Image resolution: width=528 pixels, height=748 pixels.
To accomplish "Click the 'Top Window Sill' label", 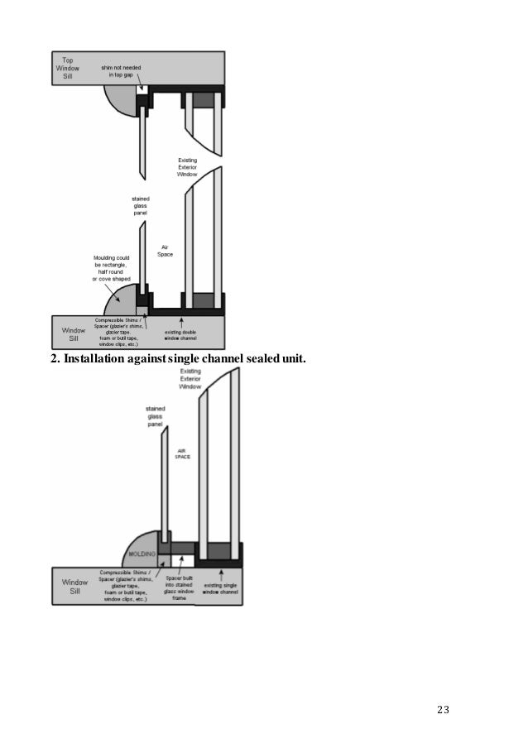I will pos(68,68).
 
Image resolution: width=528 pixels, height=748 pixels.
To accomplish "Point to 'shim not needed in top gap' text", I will pos(121,69).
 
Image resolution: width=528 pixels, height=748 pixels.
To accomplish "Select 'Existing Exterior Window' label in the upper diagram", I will pos(188,167).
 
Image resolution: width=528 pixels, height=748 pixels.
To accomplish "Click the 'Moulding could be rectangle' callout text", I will pos(111,268).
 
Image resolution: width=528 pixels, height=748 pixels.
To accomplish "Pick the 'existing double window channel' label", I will pos(180,335).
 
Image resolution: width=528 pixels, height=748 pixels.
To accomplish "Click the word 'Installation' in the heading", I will pos(100,359).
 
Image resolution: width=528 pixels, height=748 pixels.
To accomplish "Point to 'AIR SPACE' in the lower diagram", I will pos(183,453).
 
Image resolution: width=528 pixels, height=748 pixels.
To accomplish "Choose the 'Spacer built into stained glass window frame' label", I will pos(180,586).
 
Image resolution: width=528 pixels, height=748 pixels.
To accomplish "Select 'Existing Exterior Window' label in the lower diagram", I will pos(190,380).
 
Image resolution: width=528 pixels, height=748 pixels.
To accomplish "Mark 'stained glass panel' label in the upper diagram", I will pos(141,206).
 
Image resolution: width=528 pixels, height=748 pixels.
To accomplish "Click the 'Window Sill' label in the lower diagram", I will pos(74,587).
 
